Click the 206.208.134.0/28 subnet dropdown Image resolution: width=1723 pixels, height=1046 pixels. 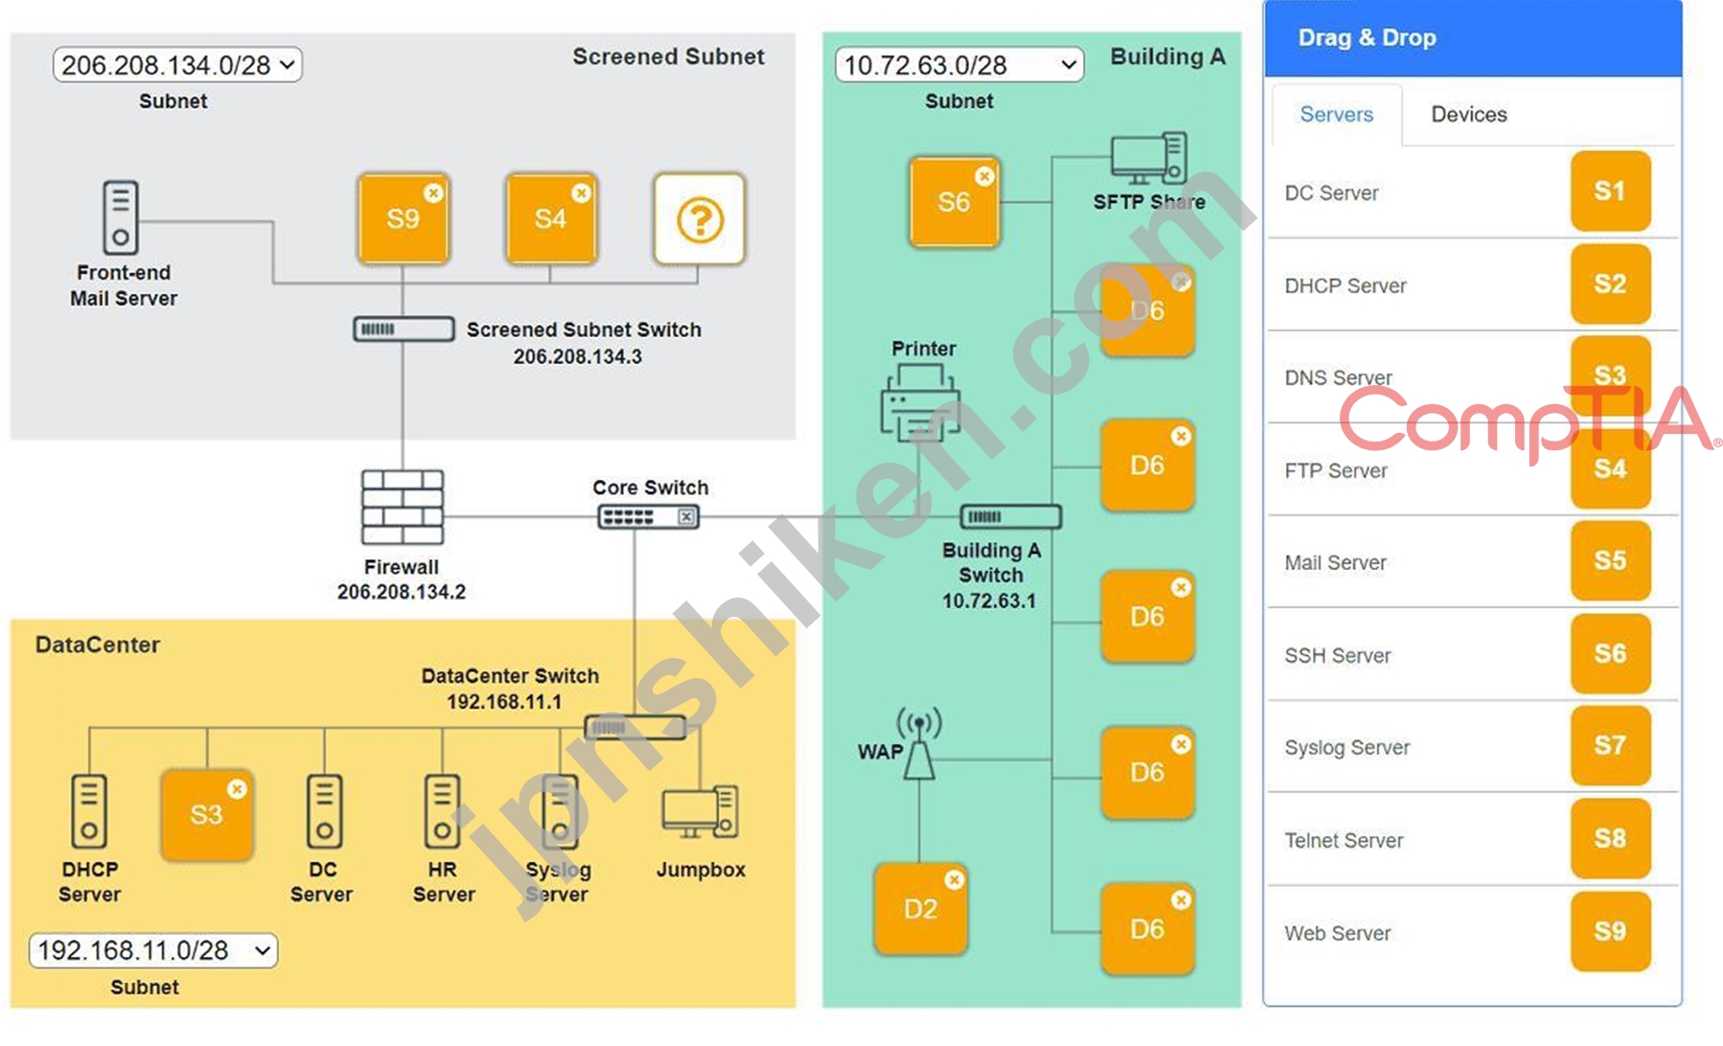click(177, 65)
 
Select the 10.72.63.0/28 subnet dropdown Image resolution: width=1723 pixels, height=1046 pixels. click(958, 65)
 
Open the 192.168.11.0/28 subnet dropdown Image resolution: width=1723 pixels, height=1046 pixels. click(153, 950)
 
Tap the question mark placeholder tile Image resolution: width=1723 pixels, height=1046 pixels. click(700, 219)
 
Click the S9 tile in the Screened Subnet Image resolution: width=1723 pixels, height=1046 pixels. click(402, 219)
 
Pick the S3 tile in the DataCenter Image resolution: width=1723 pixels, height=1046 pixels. click(206, 815)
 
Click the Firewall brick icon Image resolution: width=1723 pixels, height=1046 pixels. click(402, 508)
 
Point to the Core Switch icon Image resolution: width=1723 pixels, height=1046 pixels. click(649, 517)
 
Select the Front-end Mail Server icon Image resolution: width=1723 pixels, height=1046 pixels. click(121, 217)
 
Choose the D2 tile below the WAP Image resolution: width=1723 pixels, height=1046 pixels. click(920, 909)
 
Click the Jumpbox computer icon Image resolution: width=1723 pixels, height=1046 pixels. click(700, 812)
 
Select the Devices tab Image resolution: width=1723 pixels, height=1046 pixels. click(1468, 115)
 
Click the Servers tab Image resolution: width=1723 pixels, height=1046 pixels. click(1336, 115)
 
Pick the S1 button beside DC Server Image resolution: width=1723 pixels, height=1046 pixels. click(1610, 192)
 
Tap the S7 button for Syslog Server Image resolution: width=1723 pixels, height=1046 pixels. click(1610, 745)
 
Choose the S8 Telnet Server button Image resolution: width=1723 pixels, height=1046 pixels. click(1610, 839)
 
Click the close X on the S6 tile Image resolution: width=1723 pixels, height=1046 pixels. click(984, 176)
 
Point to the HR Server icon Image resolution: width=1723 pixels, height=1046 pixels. click(442, 811)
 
